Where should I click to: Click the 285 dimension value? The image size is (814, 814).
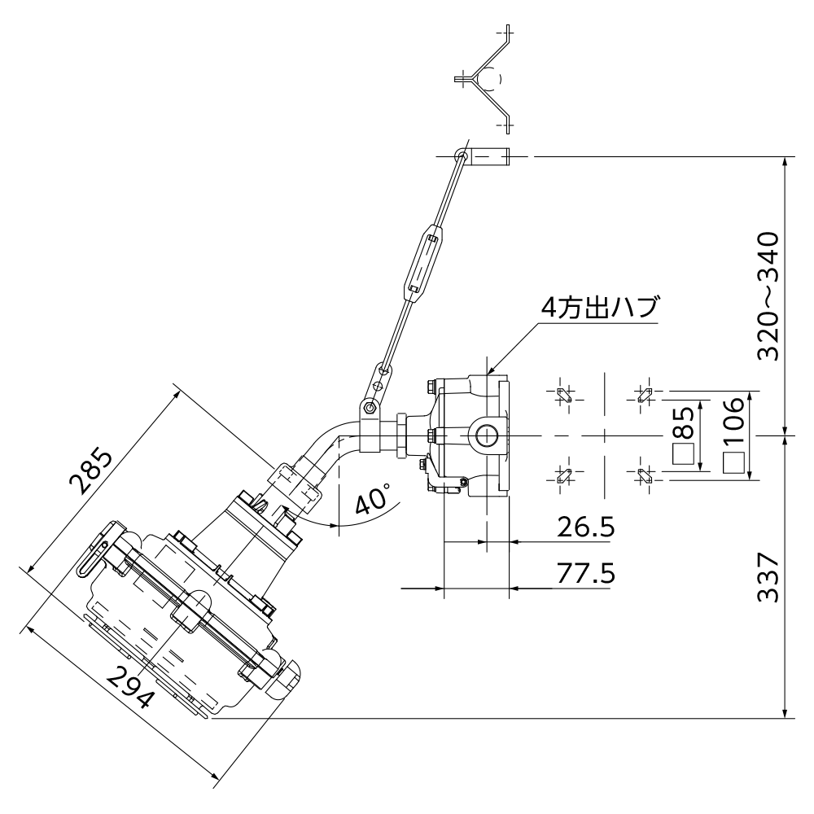pos(90,471)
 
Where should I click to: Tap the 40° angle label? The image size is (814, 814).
pos(373,498)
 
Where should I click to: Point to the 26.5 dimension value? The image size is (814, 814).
pos(585,527)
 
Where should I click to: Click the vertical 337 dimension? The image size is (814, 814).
pos(768,577)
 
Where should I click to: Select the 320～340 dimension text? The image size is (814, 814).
pos(768,296)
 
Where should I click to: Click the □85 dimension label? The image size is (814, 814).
pos(684,435)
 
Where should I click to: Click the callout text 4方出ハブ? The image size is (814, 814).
pos(600,309)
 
